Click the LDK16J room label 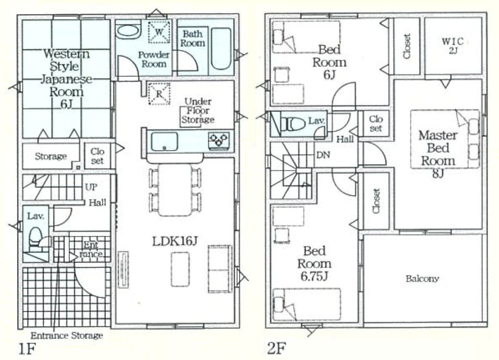(x=175, y=242)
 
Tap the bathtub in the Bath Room (x=221, y=49)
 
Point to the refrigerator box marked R (x=159, y=94)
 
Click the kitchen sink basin (x=164, y=142)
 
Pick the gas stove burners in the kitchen (x=218, y=141)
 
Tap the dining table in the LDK (x=175, y=190)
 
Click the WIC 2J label (x=452, y=46)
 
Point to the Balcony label (x=422, y=279)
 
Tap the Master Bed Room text (x=438, y=148)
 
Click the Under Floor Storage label (x=198, y=110)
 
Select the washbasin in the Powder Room (x=127, y=31)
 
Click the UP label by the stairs (x=91, y=187)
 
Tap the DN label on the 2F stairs (x=323, y=155)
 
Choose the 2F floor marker (x=276, y=348)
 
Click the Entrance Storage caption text (x=67, y=336)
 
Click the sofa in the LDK (x=220, y=269)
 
